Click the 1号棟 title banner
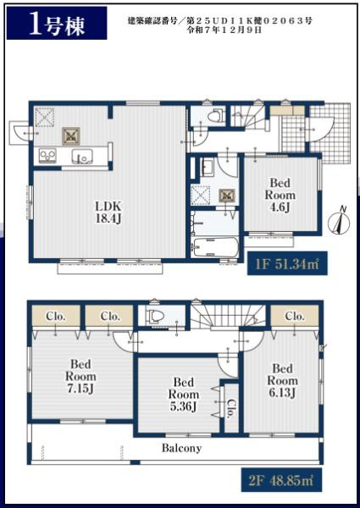[x=57, y=23]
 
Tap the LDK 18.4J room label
[x=108, y=213]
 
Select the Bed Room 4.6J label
[x=280, y=195]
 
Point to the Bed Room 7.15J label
[x=80, y=376]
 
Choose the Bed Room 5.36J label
[x=184, y=394]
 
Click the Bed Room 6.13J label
[x=283, y=380]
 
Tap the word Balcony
[x=182, y=448]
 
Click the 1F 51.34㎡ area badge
[x=287, y=263]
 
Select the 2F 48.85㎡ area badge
[x=281, y=479]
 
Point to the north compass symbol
[x=339, y=221]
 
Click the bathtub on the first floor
[x=215, y=247]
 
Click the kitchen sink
[x=82, y=157]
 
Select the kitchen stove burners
[x=47, y=156]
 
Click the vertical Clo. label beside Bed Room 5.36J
[x=232, y=408]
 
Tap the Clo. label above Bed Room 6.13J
[x=295, y=316]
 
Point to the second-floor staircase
[x=228, y=317]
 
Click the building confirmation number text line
[x=219, y=21]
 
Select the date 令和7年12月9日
[x=224, y=30]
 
